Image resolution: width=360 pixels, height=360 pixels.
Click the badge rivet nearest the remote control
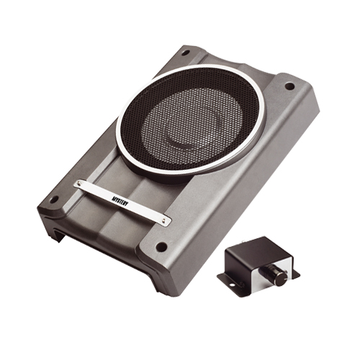coord(163,219)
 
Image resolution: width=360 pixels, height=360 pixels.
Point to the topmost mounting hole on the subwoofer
coord(185,52)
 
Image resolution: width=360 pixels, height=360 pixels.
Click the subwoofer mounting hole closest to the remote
coord(161,246)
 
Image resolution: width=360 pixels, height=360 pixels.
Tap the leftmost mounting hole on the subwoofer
coord(55,199)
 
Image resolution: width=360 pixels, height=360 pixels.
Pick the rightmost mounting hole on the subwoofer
coord(289,86)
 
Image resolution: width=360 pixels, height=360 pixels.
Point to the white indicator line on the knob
coord(283,277)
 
